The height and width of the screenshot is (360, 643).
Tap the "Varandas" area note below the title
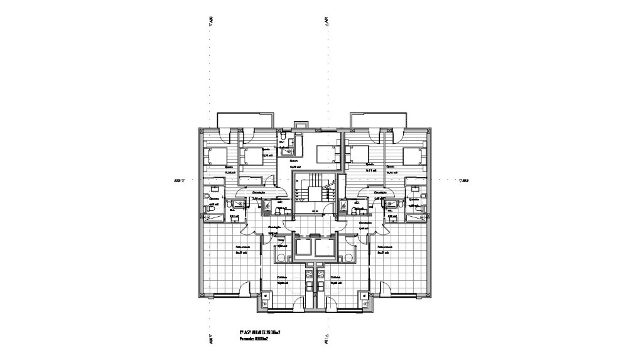pyautogui.click(x=254, y=339)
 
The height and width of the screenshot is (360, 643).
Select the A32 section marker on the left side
pyautogui.click(x=179, y=180)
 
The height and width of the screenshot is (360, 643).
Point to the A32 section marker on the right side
pyautogui.click(x=464, y=180)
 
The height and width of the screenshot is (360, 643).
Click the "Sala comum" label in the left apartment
pyautogui.click(x=243, y=248)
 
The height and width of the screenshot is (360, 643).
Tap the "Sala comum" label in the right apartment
pyautogui.click(x=385, y=248)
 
